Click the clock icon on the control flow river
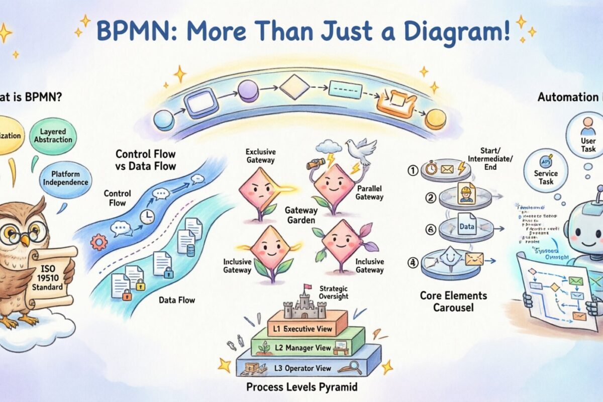point(147,217)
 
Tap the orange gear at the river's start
point(98,242)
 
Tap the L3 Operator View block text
point(303,368)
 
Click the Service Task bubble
point(546,170)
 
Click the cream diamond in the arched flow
point(294,87)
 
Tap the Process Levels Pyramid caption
point(301,387)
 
